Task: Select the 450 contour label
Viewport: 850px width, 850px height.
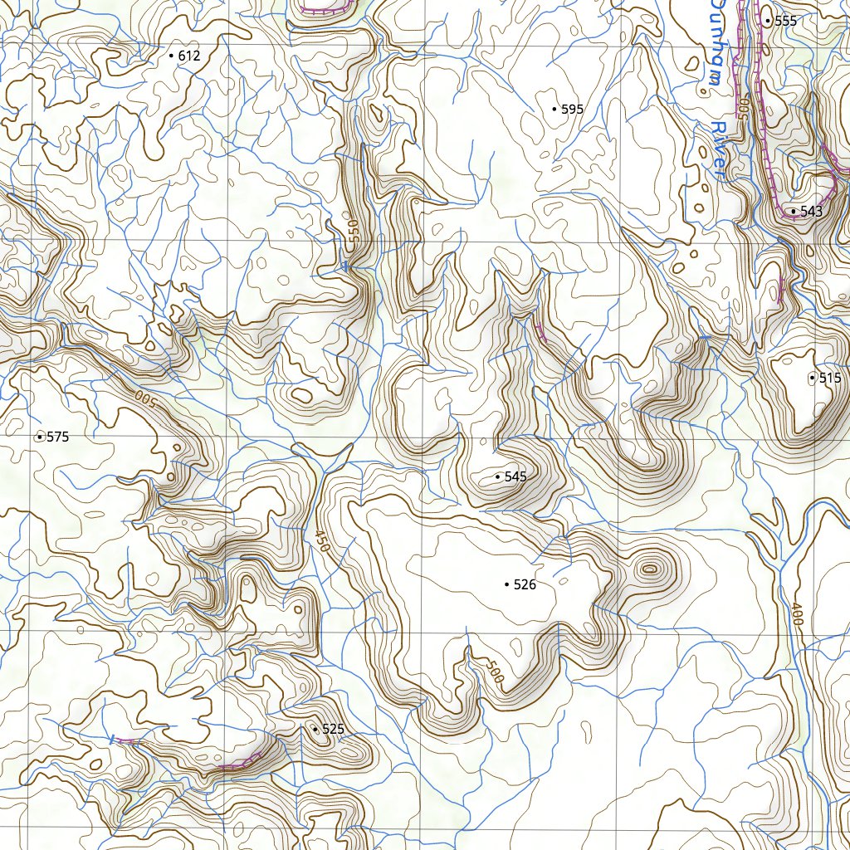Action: pyautogui.click(x=320, y=540)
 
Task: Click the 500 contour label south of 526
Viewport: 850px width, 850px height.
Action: pyautogui.click(x=491, y=671)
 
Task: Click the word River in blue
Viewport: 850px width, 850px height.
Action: pyautogui.click(x=718, y=150)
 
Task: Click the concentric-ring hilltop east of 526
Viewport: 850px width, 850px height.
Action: pyautogui.click(x=649, y=569)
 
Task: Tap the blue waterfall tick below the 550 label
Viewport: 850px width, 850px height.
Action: pyautogui.click(x=344, y=266)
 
